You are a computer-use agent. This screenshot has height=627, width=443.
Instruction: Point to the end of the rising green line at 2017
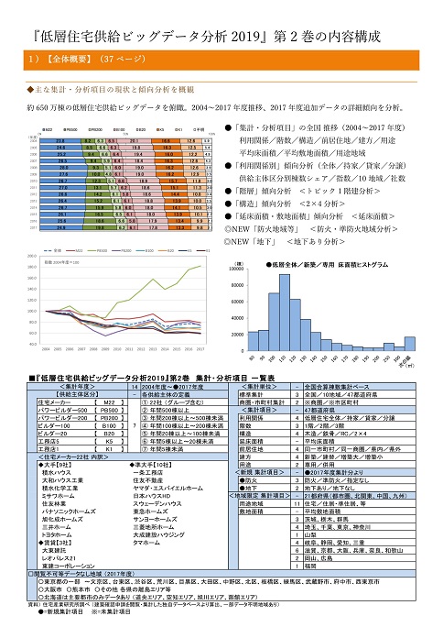(x=200, y=266)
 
